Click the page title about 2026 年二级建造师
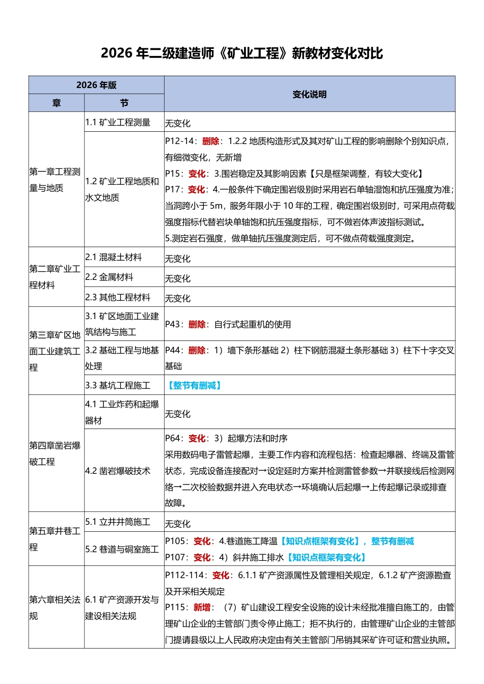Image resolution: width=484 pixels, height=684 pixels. pos(241,53)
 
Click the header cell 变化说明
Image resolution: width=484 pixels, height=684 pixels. pos(309,94)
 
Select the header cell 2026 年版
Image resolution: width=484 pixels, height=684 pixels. pos(96,85)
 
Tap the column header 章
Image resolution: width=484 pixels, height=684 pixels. pos(57,103)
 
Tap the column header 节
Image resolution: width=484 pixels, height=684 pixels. pos(124,103)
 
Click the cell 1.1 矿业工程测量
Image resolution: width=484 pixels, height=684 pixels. pos(118,122)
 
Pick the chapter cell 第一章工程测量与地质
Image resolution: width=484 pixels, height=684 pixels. pos(55,180)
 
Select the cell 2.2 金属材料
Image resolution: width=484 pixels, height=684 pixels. pos(110,277)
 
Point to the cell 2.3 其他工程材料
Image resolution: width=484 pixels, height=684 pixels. pos(118,297)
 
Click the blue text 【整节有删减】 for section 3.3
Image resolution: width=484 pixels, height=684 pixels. pos(194,385)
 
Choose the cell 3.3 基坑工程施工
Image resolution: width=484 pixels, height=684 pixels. pos(118,385)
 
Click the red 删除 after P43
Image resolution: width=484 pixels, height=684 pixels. pos(197,324)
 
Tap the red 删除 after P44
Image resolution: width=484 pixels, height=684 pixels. pos(197,350)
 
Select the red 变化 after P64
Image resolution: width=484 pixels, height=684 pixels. pos(197,438)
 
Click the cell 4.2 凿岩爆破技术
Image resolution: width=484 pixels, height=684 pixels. pos(118,471)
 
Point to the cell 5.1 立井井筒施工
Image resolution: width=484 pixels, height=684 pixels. pos(118,522)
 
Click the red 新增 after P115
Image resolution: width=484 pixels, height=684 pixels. pos(202,607)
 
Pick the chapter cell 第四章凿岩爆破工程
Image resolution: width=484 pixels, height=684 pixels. pos(55,453)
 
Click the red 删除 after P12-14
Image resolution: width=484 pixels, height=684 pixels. pos(211,141)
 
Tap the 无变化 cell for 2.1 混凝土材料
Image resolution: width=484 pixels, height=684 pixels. pos(178,259)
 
